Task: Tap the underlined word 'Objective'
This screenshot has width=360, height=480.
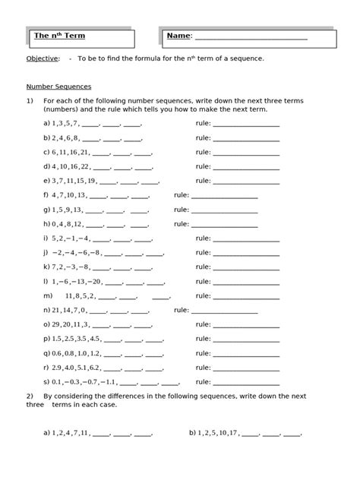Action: pos(42,58)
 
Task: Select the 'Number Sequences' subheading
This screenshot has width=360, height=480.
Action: pos(58,86)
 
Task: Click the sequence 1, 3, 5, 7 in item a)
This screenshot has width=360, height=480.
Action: pos(65,123)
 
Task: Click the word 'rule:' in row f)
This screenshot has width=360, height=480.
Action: pos(182,195)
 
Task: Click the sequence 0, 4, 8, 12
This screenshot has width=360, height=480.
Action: pos(67,224)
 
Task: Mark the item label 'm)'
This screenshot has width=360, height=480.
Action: pos(47,295)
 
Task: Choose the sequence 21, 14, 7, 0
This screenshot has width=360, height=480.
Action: pos(68,310)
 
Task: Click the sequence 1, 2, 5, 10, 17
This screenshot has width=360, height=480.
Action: pos(219,434)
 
